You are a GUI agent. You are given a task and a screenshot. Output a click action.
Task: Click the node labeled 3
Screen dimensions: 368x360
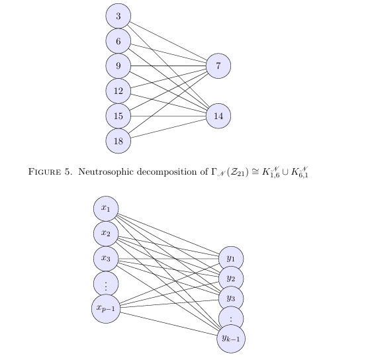[x=118, y=16]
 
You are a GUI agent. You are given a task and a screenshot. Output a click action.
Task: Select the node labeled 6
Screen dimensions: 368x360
[x=118, y=41]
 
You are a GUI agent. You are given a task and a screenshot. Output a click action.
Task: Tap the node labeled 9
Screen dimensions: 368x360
[x=118, y=66]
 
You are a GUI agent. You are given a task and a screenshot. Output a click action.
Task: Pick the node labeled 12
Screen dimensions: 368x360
[x=118, y=91]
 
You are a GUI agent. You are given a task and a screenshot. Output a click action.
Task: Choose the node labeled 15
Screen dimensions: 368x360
[x=118, y=116]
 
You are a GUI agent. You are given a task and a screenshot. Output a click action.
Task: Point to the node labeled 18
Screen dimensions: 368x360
[x=118, y=141]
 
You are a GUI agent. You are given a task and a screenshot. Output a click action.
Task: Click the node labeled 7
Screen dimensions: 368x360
[x=218, y=66]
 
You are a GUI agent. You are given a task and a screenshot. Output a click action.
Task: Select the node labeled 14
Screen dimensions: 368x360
[x=218, y=116]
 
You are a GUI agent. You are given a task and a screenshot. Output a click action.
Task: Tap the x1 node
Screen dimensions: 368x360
[x=106, y=208]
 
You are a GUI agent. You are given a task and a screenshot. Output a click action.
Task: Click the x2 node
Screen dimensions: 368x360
[x=106, y=234]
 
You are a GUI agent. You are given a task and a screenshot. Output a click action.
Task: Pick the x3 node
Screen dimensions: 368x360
[x=106, y=259]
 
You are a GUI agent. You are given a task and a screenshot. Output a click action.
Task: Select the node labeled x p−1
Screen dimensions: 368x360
[x=106, y=309]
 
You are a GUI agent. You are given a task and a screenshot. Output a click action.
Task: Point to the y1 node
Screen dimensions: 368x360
[x=231, y=258]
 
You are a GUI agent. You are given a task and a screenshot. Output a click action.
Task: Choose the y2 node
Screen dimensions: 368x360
[x=231, y=279]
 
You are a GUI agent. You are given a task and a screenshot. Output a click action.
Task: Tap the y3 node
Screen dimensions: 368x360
[x=231, y=298]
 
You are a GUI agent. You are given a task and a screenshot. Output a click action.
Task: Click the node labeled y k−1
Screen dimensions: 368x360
[x=231, y=339]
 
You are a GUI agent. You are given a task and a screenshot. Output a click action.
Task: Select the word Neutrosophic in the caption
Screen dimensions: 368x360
[x=107, y=172]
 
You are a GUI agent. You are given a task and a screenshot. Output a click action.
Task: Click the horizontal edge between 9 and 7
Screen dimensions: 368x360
[x=168, y=66]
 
